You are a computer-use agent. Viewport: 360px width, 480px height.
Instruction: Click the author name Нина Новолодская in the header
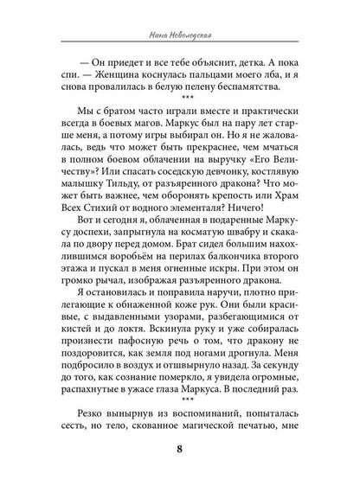point(180,35)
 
